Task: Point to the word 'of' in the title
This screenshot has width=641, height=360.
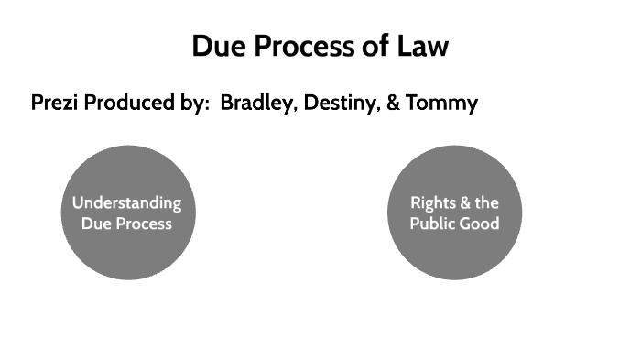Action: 375,46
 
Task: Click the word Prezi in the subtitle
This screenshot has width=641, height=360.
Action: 55,104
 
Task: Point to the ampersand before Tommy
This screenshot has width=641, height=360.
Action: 394,104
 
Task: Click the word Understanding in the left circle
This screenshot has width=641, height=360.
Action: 127,203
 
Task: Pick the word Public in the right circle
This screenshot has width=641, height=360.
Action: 432,223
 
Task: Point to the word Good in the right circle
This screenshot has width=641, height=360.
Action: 480,223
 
